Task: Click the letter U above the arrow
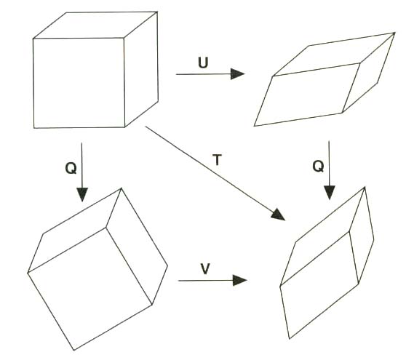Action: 203,63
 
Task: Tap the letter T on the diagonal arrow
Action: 217,159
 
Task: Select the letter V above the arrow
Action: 205,268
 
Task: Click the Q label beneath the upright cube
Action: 71,169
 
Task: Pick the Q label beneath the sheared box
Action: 318,166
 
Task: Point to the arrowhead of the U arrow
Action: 238,74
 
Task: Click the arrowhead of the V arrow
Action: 240,280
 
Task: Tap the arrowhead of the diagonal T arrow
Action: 279,215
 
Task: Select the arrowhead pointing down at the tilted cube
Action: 82,195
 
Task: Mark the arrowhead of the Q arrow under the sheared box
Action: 330,193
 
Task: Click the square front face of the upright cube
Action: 79,83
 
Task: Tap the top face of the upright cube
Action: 95,25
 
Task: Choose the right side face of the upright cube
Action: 141,69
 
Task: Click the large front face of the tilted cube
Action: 89,289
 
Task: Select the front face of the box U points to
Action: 307,95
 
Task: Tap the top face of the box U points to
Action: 334,55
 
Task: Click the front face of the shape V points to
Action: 319,284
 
